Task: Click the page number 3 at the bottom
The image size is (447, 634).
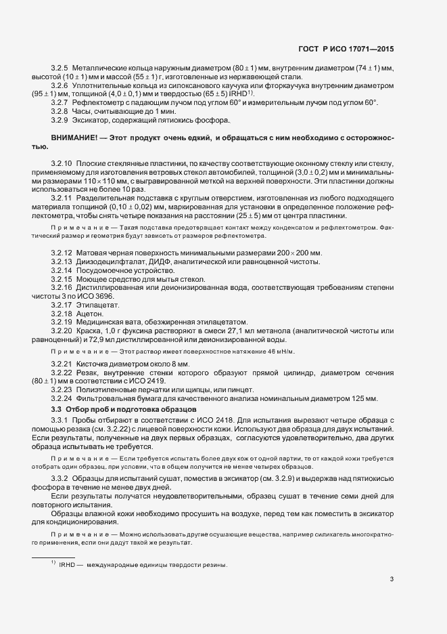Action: point(392,578)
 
